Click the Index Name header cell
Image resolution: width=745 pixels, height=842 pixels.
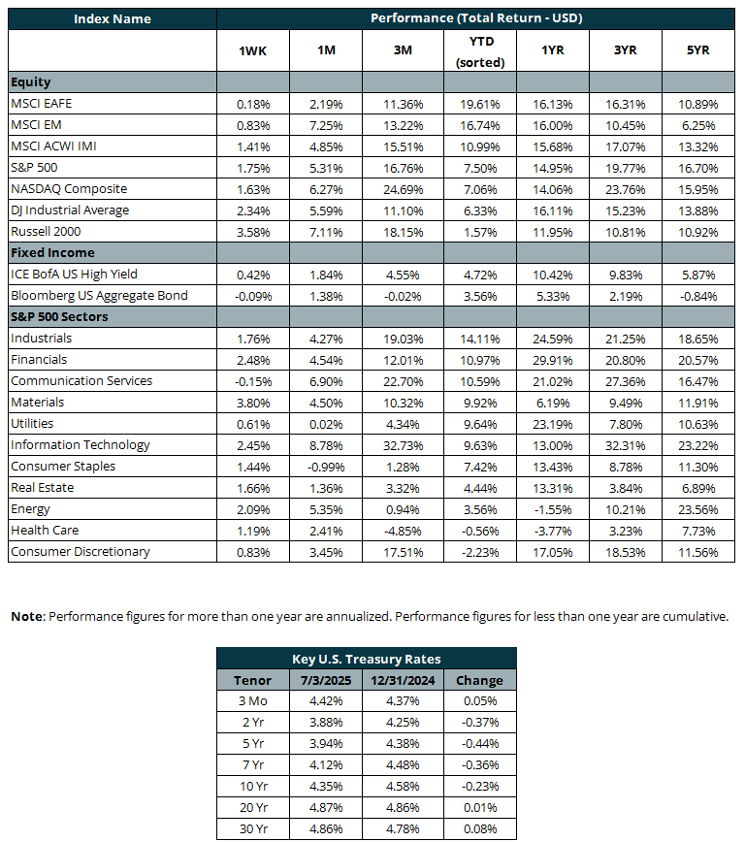pos(113,18)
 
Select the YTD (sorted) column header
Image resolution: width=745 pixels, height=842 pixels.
pos(481,51)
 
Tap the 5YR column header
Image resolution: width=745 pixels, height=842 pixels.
pos(697,49)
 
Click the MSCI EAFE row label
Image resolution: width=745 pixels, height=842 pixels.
pos(42,103)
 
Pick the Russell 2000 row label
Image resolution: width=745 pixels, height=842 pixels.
pos(46,232)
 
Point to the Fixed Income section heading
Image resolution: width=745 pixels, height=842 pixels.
pos(52,252)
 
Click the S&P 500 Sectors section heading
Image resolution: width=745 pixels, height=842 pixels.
pos(59,317)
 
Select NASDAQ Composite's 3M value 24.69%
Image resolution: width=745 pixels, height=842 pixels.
pos(403,189)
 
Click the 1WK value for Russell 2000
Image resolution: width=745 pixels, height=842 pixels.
pos(253,233)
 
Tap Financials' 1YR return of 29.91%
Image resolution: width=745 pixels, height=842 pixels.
pos(553,360)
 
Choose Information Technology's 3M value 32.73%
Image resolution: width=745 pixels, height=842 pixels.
pos(403,445)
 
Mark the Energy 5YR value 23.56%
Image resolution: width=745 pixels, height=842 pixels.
pos(697,509)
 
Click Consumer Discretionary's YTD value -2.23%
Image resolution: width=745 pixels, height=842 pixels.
pos(480,553)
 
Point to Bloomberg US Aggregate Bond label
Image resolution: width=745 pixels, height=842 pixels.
pos(99,296)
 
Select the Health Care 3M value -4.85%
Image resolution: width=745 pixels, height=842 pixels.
pos(403,531)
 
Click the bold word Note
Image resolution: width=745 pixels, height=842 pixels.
pos(27,617)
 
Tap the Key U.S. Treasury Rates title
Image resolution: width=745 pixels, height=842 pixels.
pos(367,659)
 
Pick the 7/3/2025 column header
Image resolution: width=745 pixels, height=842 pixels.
pos(326,680)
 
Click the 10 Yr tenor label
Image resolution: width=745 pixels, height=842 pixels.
pos(253,786)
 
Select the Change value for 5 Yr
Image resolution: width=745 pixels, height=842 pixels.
pos(480,744)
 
